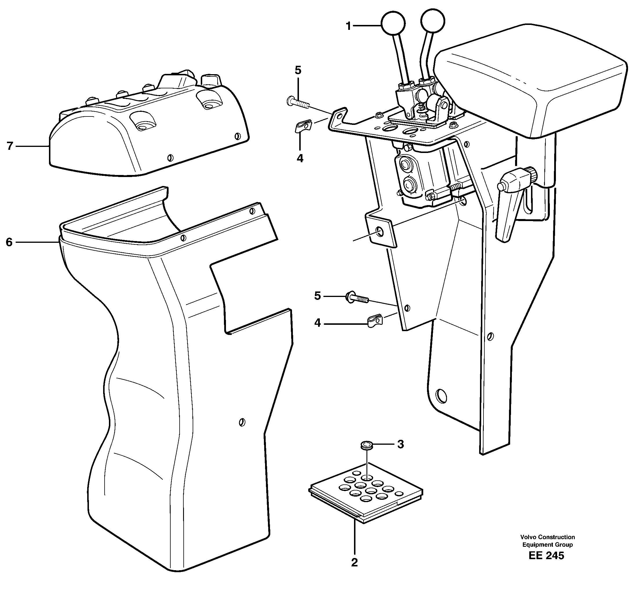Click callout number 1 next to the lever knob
click(348, 26)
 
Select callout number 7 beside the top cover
click(10, 146)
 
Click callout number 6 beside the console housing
click(9, 242)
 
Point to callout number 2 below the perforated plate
click(354, 571)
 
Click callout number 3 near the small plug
click(401, 444)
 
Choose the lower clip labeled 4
click(375, 321)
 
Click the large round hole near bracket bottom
click(441, 396)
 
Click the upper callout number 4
click(300, 158)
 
